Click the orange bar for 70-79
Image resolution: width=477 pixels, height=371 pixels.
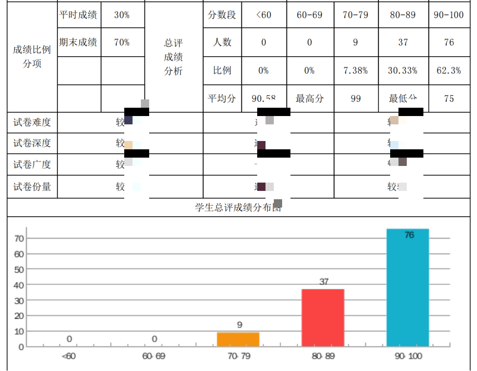(x=238, y=339)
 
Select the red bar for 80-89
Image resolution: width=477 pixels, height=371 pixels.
(x=323, y=317)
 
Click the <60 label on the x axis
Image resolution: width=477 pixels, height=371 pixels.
(x=69, y=356)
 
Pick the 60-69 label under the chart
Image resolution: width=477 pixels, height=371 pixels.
(x=154, y=356)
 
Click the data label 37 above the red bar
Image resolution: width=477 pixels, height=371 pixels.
(x=324, y=282)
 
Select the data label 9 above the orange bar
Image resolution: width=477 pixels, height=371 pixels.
(x=240, y=325)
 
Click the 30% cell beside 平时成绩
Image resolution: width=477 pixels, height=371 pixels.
(x=122, y=15)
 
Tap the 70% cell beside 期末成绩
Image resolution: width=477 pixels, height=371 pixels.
(x=122, y=42)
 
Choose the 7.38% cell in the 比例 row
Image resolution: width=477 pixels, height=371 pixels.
(x=355, y=71)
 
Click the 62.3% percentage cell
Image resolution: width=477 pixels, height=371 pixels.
(x=449, y=71)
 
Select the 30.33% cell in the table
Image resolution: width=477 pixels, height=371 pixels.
(x=403, y=71)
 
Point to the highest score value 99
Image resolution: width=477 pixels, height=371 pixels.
(x=356, y=99)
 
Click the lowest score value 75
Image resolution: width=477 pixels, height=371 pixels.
(x=449, y=99)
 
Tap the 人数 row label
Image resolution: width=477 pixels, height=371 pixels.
(x=222, y=42)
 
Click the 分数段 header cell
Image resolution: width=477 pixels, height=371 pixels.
(x=222, y=15)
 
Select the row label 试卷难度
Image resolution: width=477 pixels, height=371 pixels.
(x=32, y=122)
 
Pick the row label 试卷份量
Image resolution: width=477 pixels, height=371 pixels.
(x=32, y=187)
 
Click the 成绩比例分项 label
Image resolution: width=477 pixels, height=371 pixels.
(x=32, y=57)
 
